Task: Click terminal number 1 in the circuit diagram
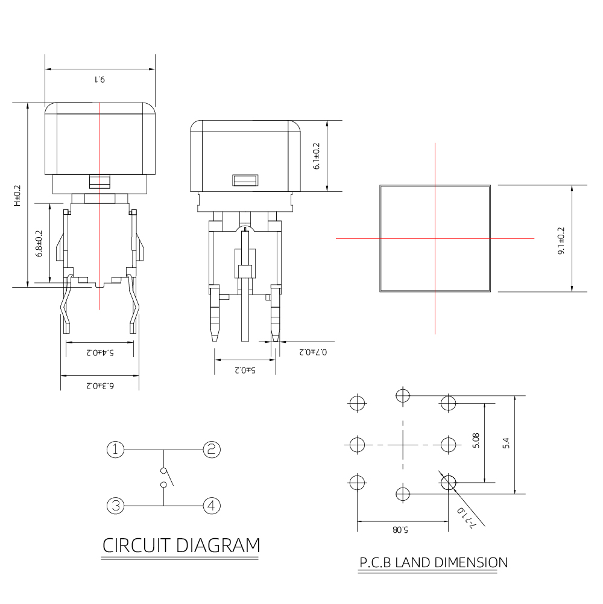click(115, 449)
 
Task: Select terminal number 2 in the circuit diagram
click(212, 449)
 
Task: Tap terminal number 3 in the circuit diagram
click(115, 505)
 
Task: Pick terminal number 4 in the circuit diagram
click(212, 505)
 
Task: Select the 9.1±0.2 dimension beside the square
click(561, 241)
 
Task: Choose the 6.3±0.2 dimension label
click(99, 384)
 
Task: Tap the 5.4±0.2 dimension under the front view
click(99, 351)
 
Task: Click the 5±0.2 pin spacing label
click(245, 369)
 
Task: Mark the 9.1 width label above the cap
click(99, 79)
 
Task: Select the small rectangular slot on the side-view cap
click(245, 180)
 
